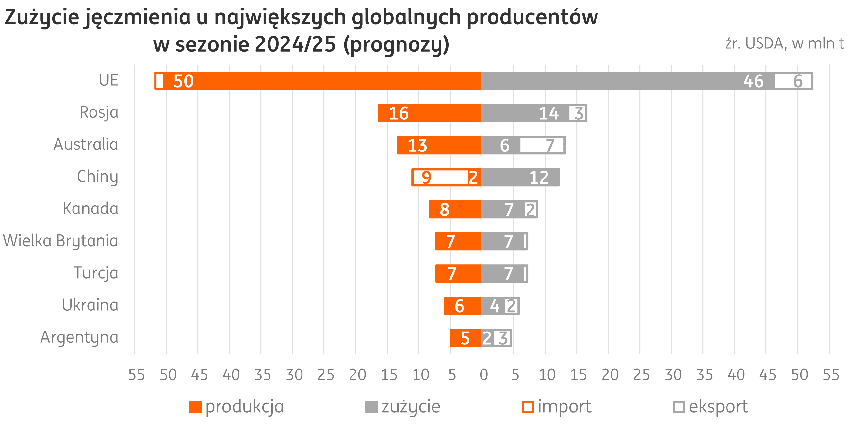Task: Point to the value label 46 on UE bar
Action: (x=753, y=81)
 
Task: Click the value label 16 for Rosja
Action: (x=399, y=113)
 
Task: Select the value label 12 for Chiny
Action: (x=539, y=178)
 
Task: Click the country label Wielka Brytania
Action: (x=61, y=241)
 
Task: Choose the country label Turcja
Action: (x=96, y=273)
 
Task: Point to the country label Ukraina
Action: (x=90, y=305)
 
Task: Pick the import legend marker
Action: (x=528, y=407)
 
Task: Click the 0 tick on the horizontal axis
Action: (x=483, y=375)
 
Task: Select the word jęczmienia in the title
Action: (x=138, y=17)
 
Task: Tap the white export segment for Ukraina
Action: (x=512, y=306)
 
